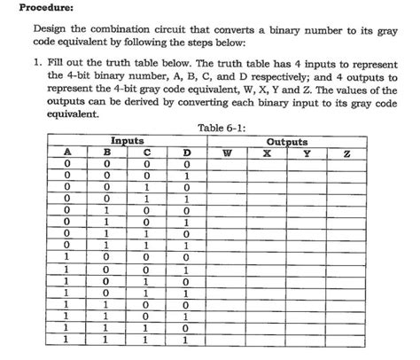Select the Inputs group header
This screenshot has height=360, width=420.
pos(127,141)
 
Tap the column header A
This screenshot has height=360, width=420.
pos(67,152)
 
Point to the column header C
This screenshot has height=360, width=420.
pos(146,152)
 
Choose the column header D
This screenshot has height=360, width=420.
pos(185,152)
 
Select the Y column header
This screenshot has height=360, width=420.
pos(306,152)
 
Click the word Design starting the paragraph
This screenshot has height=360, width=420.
pos(48,31)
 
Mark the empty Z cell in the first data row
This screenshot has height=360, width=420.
pos(347,164)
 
